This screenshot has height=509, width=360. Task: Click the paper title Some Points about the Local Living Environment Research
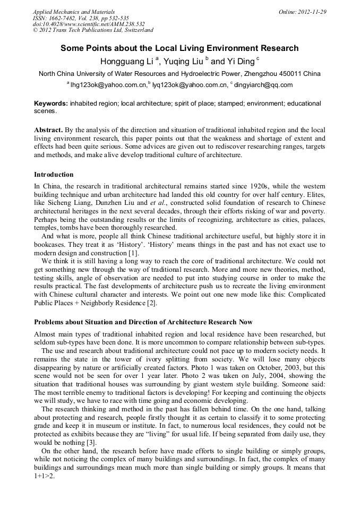[179, 48]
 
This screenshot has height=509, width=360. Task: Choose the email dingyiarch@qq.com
[263, 84]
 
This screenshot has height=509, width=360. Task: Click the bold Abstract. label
[49, 130]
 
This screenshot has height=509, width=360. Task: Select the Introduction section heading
[54, 175]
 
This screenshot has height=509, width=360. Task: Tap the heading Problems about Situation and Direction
[143, 322]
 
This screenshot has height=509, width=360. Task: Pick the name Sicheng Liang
[70, 203]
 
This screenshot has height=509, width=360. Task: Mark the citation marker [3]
[91, 442]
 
